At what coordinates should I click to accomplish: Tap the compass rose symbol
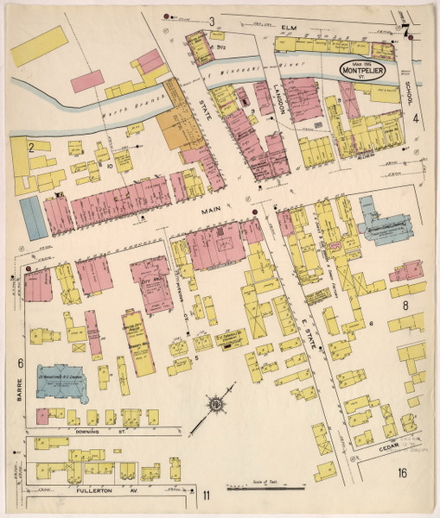[217, 403]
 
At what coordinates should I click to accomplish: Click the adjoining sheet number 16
[403, 472]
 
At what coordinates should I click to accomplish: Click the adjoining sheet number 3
[211, 21]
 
